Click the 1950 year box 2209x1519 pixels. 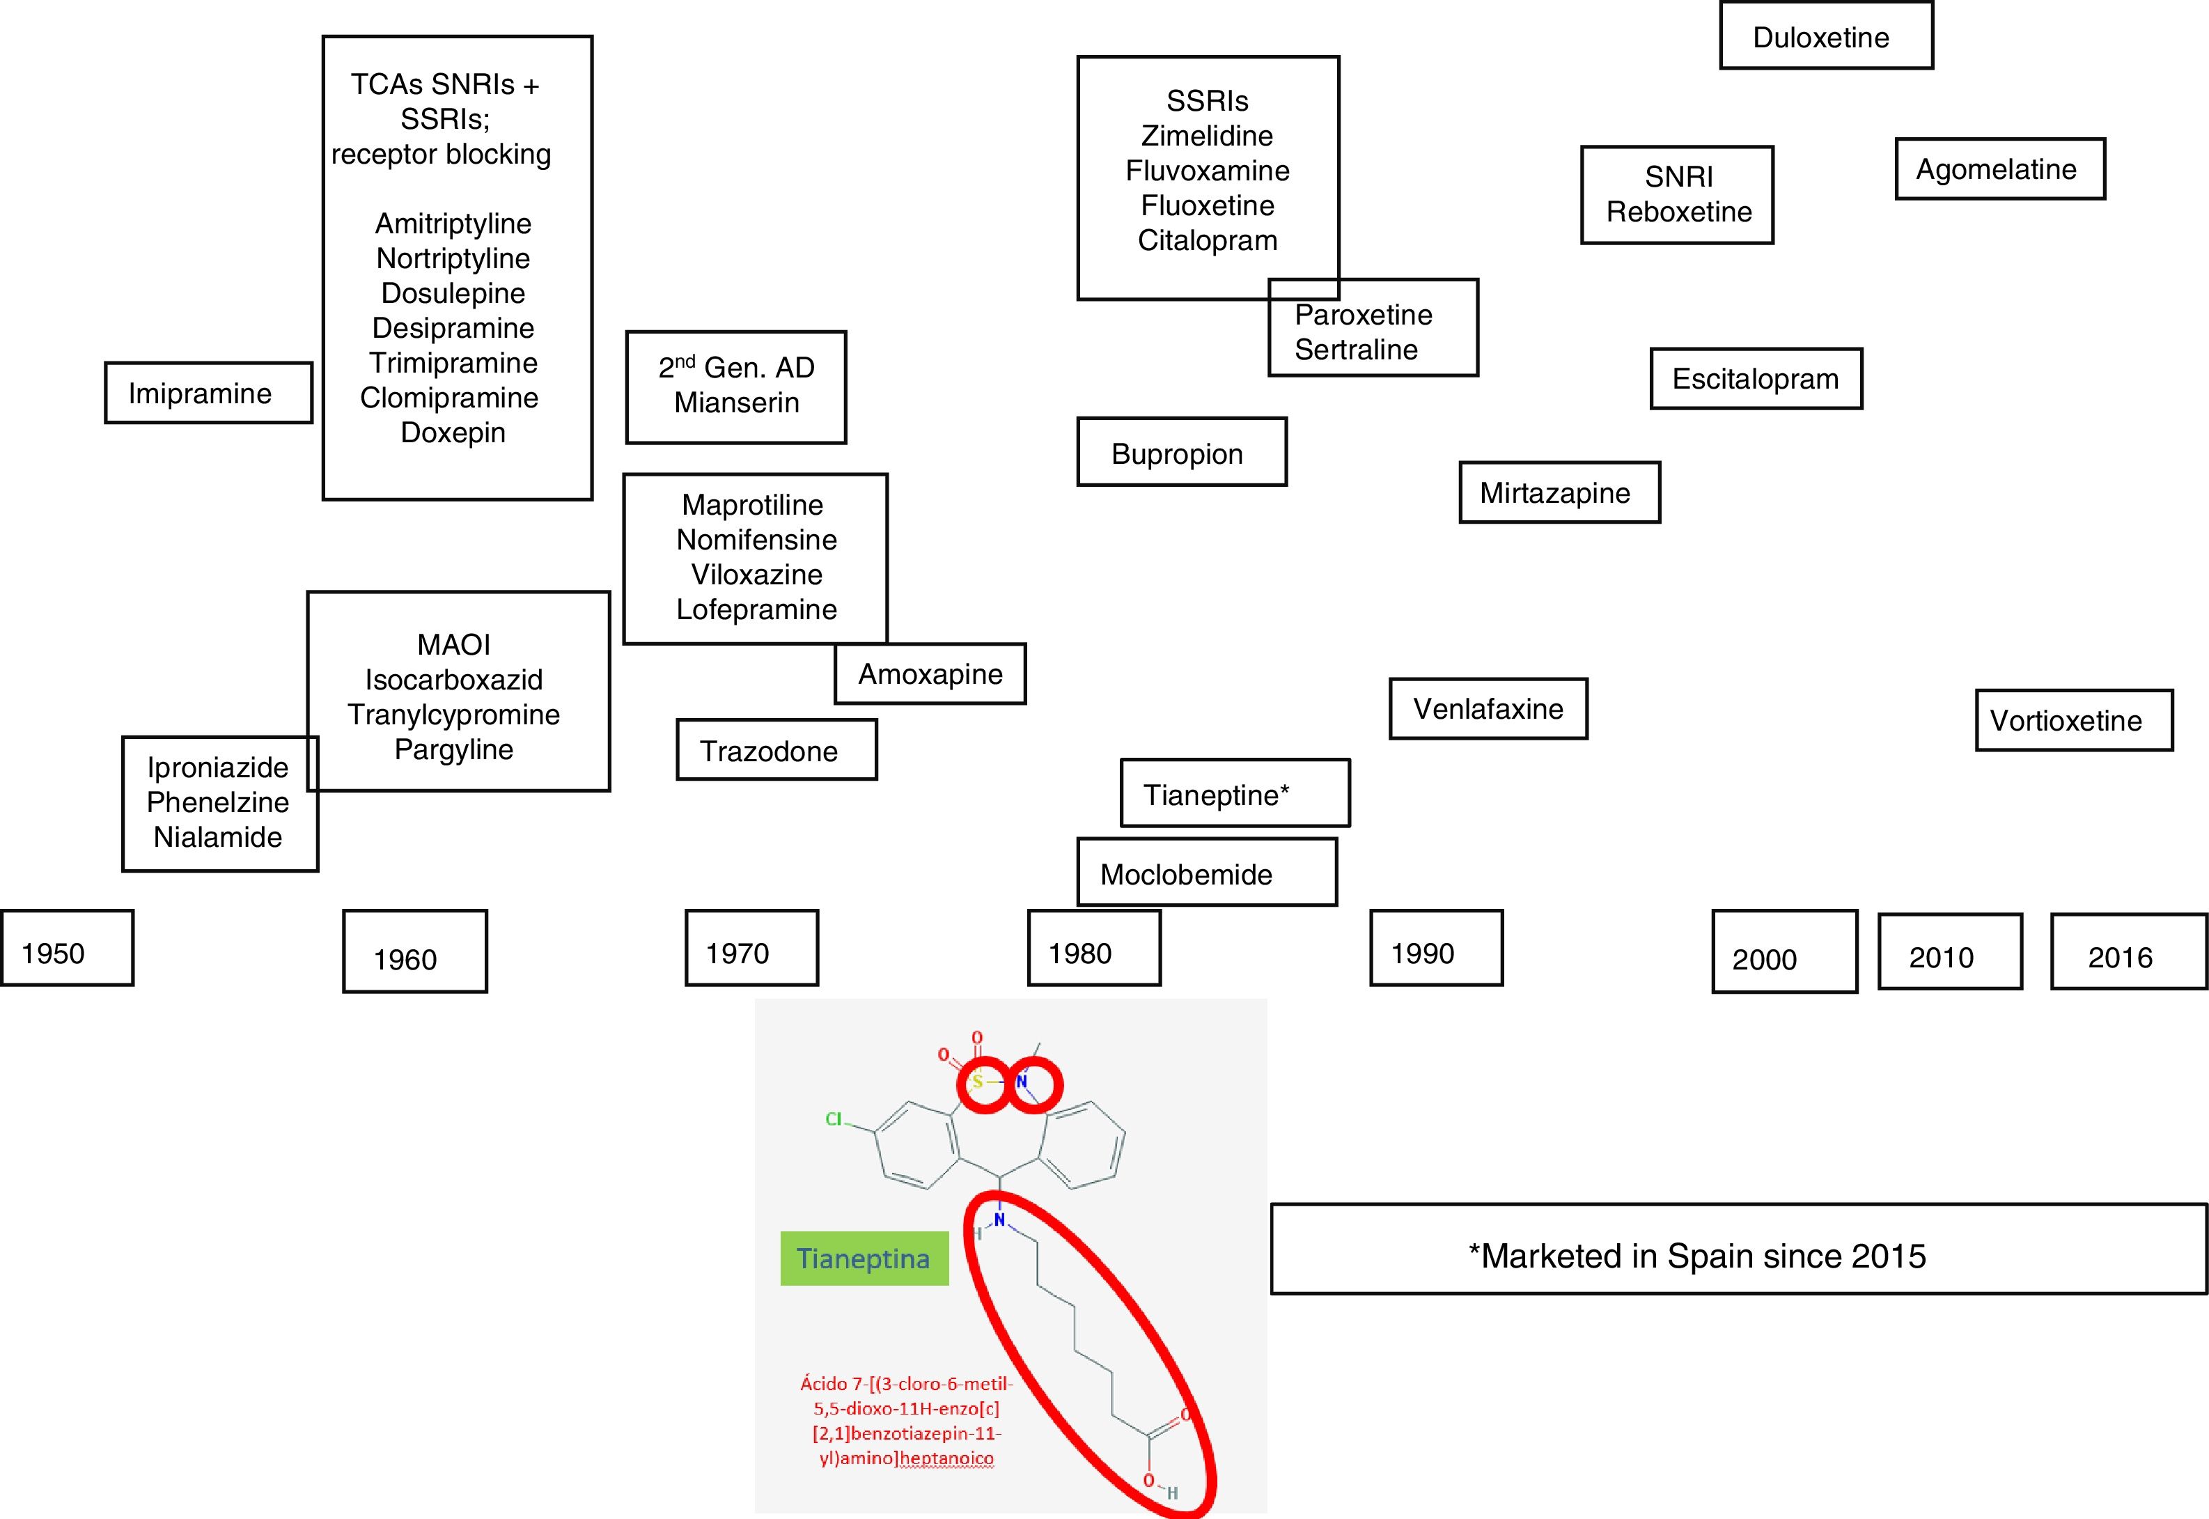[67, 948]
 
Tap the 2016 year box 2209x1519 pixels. [2128, 953]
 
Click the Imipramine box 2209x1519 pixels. [208, 393]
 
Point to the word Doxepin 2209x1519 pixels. [453, 433]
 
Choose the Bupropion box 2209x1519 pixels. [1181, 453]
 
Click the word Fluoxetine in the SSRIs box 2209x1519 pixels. [1207, 205]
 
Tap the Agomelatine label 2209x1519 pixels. [1999, 169]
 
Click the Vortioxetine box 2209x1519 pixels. [2073, 720]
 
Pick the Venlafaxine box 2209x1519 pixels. [1488, 709]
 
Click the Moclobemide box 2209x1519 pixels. [1206, 873]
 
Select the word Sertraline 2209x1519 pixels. [1355, 350]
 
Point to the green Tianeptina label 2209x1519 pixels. [864, 1259]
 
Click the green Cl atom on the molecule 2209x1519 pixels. [834, 1119]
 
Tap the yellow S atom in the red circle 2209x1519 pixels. [978, 1082]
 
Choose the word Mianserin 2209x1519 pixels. [737, 403]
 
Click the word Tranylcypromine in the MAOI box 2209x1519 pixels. [454, 715]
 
